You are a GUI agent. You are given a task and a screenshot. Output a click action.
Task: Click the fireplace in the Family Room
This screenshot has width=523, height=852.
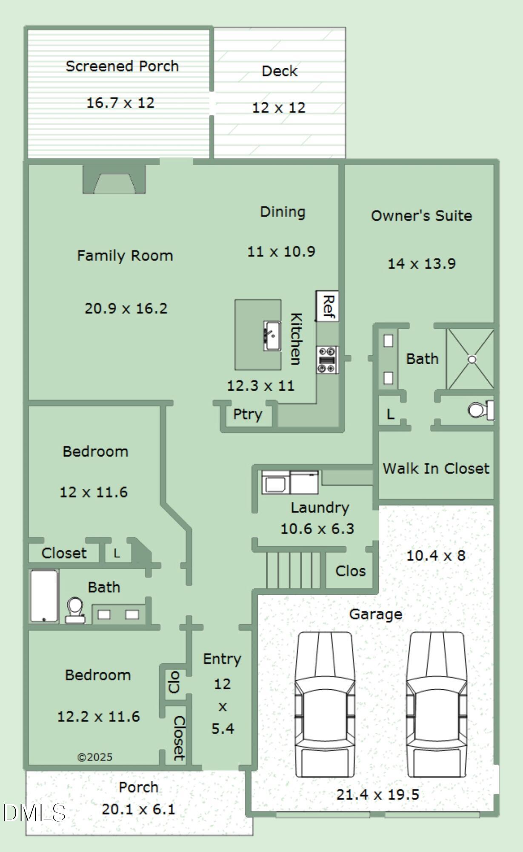(x=114, y=179)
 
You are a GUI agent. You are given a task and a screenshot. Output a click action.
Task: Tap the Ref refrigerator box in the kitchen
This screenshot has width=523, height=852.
(x=327, y=306)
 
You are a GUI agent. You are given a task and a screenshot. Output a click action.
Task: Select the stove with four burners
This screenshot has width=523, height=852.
(x=327, y=360)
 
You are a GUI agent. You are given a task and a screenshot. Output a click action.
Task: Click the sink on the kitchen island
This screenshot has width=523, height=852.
(x=272, y=336)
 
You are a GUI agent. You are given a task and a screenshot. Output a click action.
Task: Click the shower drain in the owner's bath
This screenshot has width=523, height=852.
(x=472, y=359)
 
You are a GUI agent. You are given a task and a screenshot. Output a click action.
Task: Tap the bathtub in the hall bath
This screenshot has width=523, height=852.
(x=44, y=596)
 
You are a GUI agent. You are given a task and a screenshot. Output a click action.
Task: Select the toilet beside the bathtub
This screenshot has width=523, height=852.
(x=75, y=610)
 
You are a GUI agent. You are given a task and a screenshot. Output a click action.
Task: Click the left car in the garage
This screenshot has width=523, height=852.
(x=325, y=704)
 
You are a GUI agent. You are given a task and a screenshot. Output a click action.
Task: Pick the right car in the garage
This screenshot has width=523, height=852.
(x=436, y=704)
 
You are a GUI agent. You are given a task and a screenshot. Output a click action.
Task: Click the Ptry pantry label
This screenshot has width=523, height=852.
(x=248, y=414)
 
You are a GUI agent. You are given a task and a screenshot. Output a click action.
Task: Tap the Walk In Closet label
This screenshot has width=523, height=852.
(x=436, y=469)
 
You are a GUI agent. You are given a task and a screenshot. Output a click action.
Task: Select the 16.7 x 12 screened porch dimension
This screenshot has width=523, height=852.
(x=120, y=103)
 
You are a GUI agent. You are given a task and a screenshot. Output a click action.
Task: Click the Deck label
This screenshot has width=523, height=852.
(x=279, y=71)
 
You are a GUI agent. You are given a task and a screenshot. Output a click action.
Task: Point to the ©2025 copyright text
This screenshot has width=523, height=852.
(x=95, y=757)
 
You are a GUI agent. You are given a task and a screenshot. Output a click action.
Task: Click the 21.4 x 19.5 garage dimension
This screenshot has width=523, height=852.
(x=378, y=794)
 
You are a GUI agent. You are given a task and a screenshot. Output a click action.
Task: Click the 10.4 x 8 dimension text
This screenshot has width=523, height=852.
(x=436, y=556)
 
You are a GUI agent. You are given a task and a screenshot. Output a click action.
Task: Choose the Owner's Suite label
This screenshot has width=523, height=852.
(x=421, y=216)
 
